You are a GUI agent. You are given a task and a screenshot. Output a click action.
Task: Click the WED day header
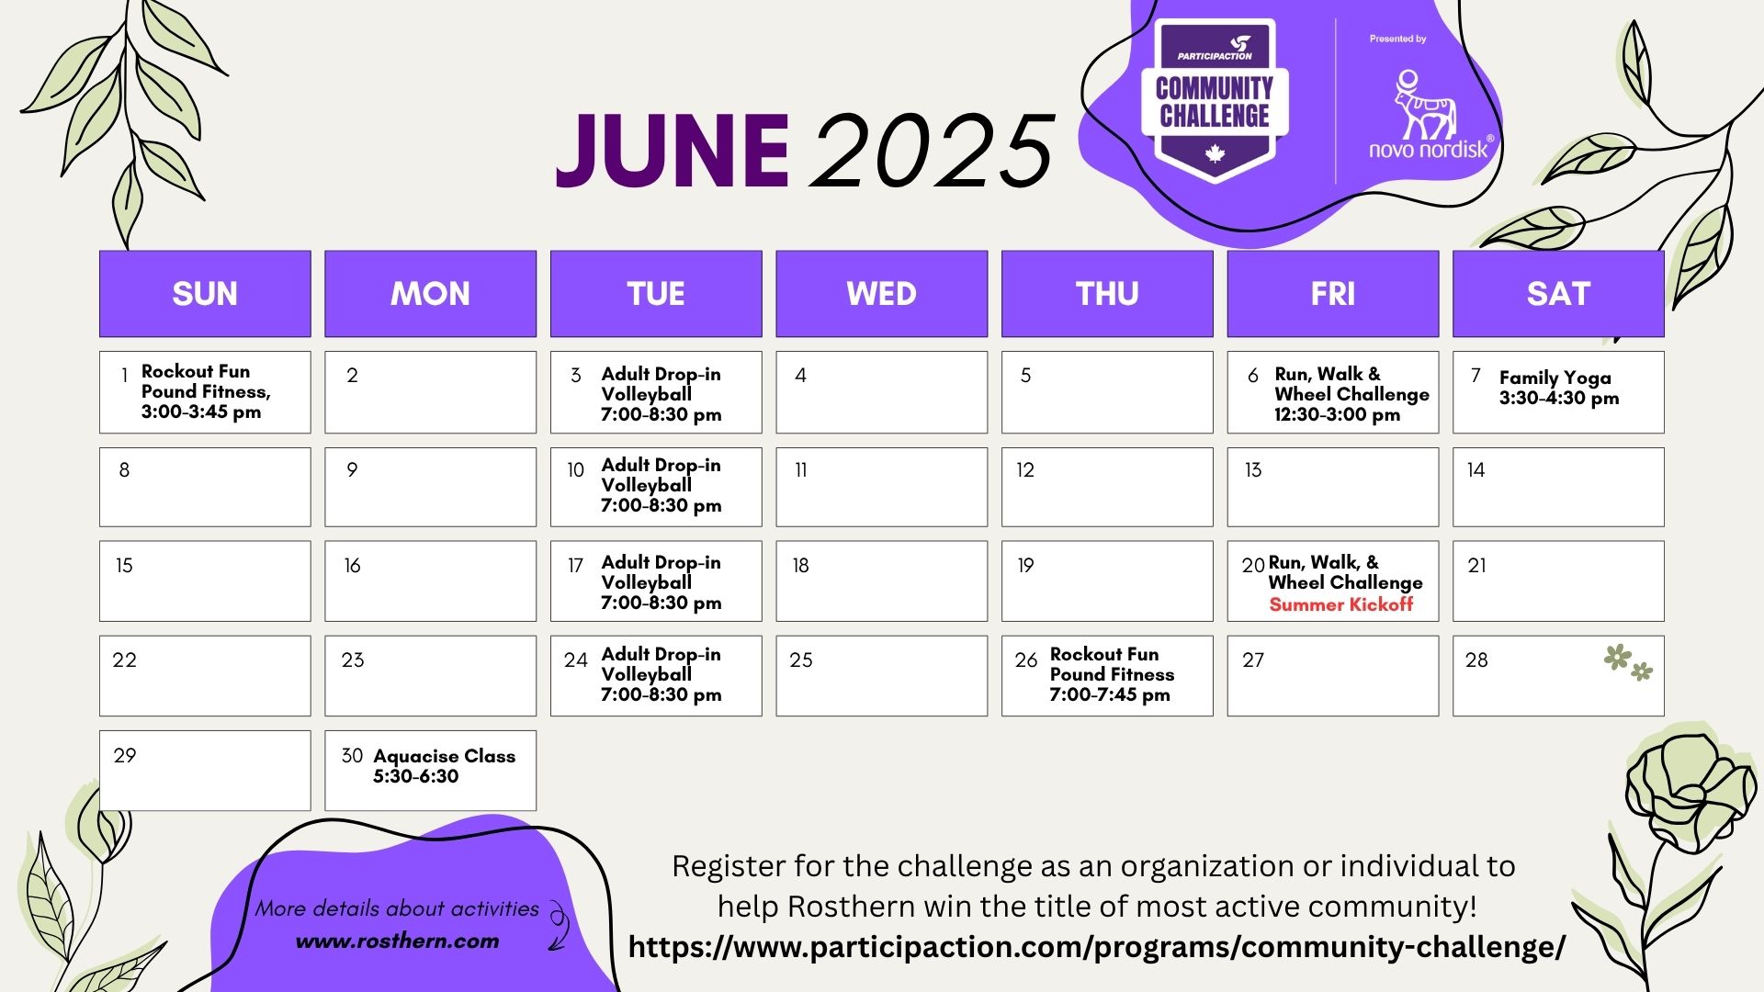[881, 293]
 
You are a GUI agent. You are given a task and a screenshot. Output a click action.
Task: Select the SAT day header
[1558, 293]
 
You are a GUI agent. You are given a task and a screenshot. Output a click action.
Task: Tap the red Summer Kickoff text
[1340, 604]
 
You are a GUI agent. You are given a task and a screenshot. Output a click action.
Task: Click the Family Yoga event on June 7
[1558, 388]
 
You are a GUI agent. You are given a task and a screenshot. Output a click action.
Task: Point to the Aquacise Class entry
[444, 766]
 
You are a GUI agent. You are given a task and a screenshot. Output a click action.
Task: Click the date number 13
[1253, 470]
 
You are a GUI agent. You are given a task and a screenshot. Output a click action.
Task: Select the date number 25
[801, 659]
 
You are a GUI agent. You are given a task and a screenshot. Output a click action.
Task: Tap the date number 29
[125, 755]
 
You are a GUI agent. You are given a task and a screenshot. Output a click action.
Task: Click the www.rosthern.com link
[397, 941]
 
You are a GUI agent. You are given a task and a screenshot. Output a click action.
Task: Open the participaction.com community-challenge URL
[1096, 947]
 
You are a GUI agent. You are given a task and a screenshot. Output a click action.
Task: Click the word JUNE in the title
[673, 151]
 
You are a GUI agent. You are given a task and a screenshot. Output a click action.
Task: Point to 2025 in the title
[933, 151]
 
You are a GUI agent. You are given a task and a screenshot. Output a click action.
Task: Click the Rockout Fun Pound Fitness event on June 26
[1112, 674]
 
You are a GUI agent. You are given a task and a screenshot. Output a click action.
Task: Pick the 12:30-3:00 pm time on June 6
[1337, 414]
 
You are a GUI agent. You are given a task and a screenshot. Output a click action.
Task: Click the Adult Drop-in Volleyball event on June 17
[661, 582]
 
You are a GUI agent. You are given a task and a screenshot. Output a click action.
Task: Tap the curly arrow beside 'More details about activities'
[558, 925]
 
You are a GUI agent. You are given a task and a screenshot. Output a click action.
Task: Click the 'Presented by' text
[1397, 39]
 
